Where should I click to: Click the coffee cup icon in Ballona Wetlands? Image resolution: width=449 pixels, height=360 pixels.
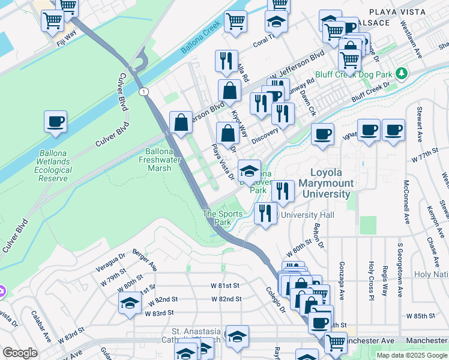(x=55, y=122)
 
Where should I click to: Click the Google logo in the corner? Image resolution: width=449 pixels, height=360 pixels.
(x=20, y=353)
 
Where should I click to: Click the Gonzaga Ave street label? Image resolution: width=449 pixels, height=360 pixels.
(x=342, y=282)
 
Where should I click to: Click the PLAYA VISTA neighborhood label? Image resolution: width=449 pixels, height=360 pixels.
(x=396, y=12)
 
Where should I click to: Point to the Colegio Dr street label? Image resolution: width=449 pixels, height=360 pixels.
(x=275, y=299)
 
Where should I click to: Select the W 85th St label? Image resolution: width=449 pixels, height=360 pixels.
(x=420, y=316)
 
